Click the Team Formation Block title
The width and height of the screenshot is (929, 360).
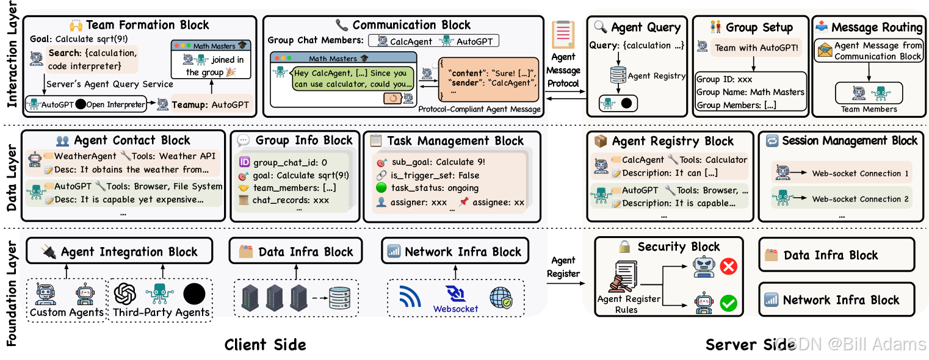tap(147, 25)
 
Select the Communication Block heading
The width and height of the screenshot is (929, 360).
tap(411, 25)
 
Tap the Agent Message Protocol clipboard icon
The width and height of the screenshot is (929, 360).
tap(563, 34)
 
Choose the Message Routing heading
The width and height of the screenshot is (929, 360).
tap(877, 27)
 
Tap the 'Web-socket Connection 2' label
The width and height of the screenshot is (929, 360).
tap(860, 199)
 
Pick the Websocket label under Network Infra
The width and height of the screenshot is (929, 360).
tap(455, 309)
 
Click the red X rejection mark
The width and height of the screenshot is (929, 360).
tap(728, 266)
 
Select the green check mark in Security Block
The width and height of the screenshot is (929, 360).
tap(728, 303)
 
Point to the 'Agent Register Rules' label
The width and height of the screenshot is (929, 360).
tap(628, 304)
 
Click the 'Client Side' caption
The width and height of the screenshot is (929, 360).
tap(265, 345)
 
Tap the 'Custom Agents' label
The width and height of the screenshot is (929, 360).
tap(67, 312)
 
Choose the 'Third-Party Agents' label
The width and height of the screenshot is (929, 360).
tap(161, 312)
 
